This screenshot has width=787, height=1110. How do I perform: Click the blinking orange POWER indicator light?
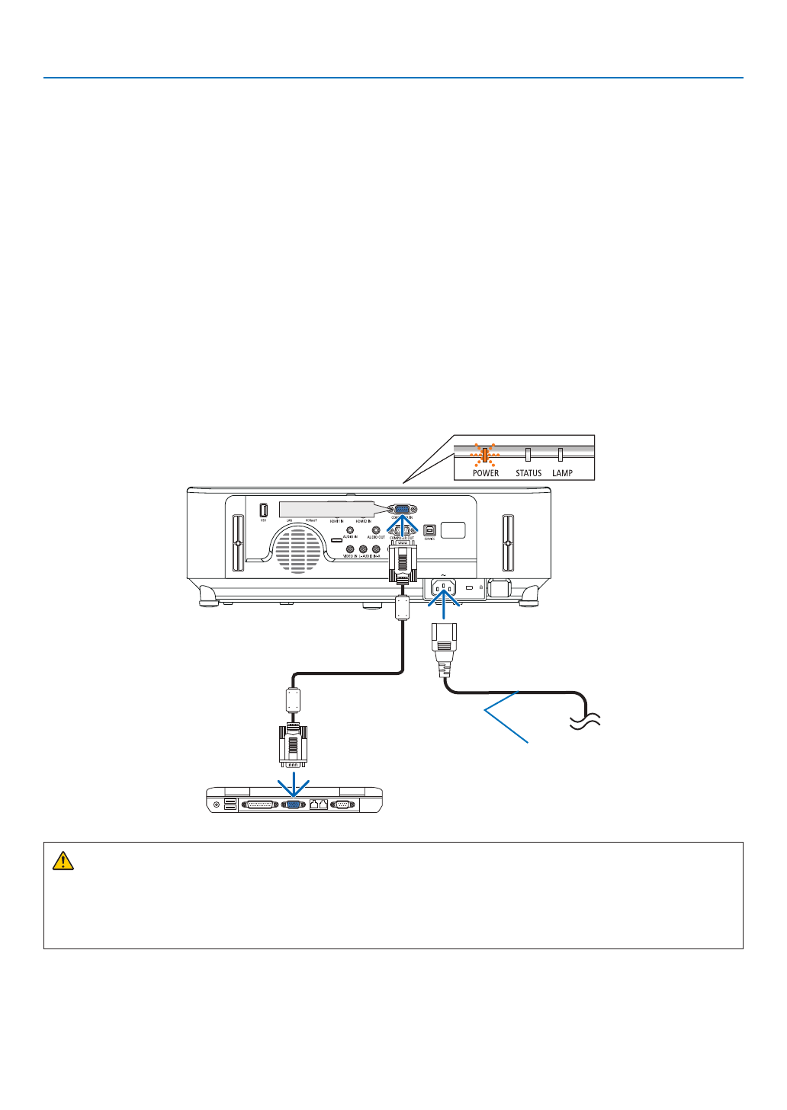tap(483, 456)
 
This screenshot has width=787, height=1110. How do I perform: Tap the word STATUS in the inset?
tap(528, 473)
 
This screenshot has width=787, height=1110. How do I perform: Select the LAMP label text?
tap(563, 473)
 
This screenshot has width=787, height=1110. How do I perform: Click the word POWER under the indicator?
tap(486, 473)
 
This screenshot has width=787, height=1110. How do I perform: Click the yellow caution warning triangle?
tap(63, 861)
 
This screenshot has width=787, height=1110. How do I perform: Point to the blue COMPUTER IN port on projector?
tap(402, 509)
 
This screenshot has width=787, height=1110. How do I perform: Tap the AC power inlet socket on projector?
tap(443, 587)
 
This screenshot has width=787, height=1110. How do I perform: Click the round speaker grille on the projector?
tap(297, 549)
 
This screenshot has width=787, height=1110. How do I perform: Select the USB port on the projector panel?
tap(263, 510)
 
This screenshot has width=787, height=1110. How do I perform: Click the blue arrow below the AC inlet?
tap(443, 606)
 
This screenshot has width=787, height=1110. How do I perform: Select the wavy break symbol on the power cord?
tap(586, 720)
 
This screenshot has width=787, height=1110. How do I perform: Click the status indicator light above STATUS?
tap(527, 455)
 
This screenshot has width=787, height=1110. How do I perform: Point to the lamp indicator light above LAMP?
tap(561, 455)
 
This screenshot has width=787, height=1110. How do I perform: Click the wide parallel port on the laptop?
tap(259, 804)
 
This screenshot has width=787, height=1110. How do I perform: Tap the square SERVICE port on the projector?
tap(429, 529)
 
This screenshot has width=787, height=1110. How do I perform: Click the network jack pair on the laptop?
tap(318, 804)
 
